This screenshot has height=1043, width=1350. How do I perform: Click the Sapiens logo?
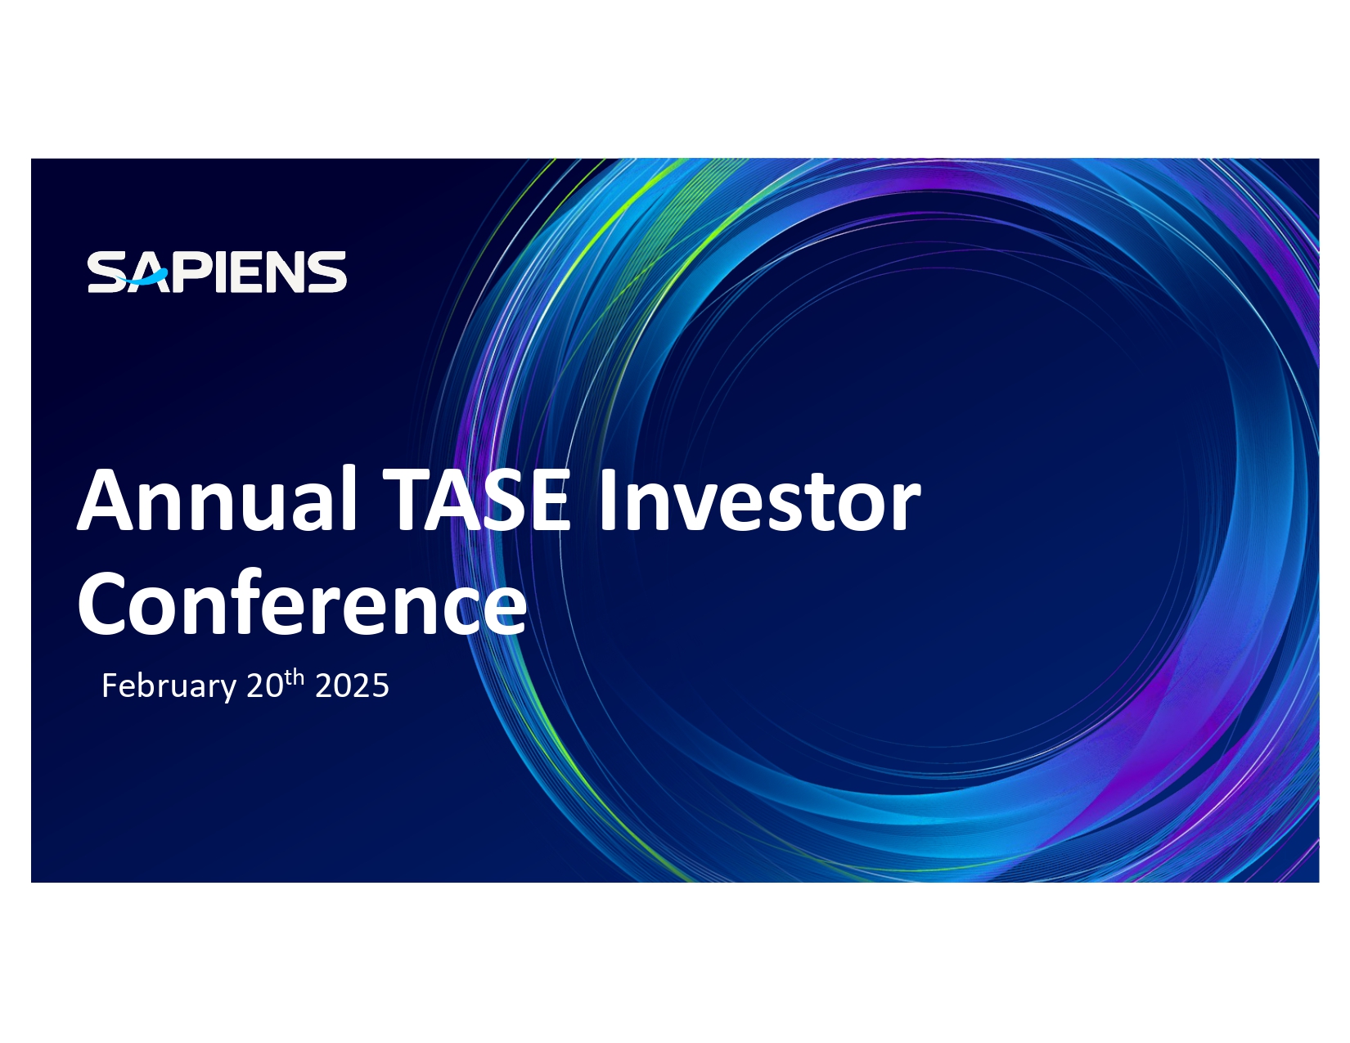click(x=217, y=272)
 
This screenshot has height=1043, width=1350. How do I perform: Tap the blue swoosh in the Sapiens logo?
click(x=146, y=277)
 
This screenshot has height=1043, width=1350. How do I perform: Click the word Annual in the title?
click(x=216, y=499)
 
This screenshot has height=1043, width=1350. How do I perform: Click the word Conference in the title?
click(x=302, y=603)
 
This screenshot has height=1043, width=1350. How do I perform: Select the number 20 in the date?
click(x=265, y=686)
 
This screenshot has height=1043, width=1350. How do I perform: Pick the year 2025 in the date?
click(x=353, y=686)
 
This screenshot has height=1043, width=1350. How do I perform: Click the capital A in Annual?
click(x=105, y=500)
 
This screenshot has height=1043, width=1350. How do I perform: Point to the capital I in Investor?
click(x=607, y=500)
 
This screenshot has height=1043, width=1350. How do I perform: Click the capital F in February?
click(x=110, y=686)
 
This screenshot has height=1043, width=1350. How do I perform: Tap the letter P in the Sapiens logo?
click(x=189, y=272)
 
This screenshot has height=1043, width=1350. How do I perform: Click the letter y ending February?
click(x=228, y=690)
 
